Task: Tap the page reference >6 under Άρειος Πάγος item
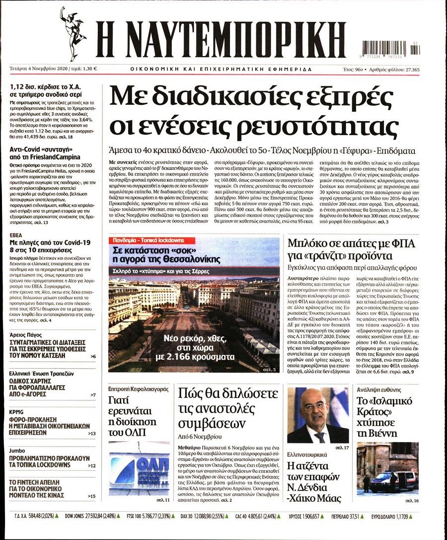pyautogui.click(x=93, y=357)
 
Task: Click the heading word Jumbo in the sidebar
pyautogui.click(x=17, y=451)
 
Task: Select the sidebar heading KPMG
pyautogui.click(x=17, y=412)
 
